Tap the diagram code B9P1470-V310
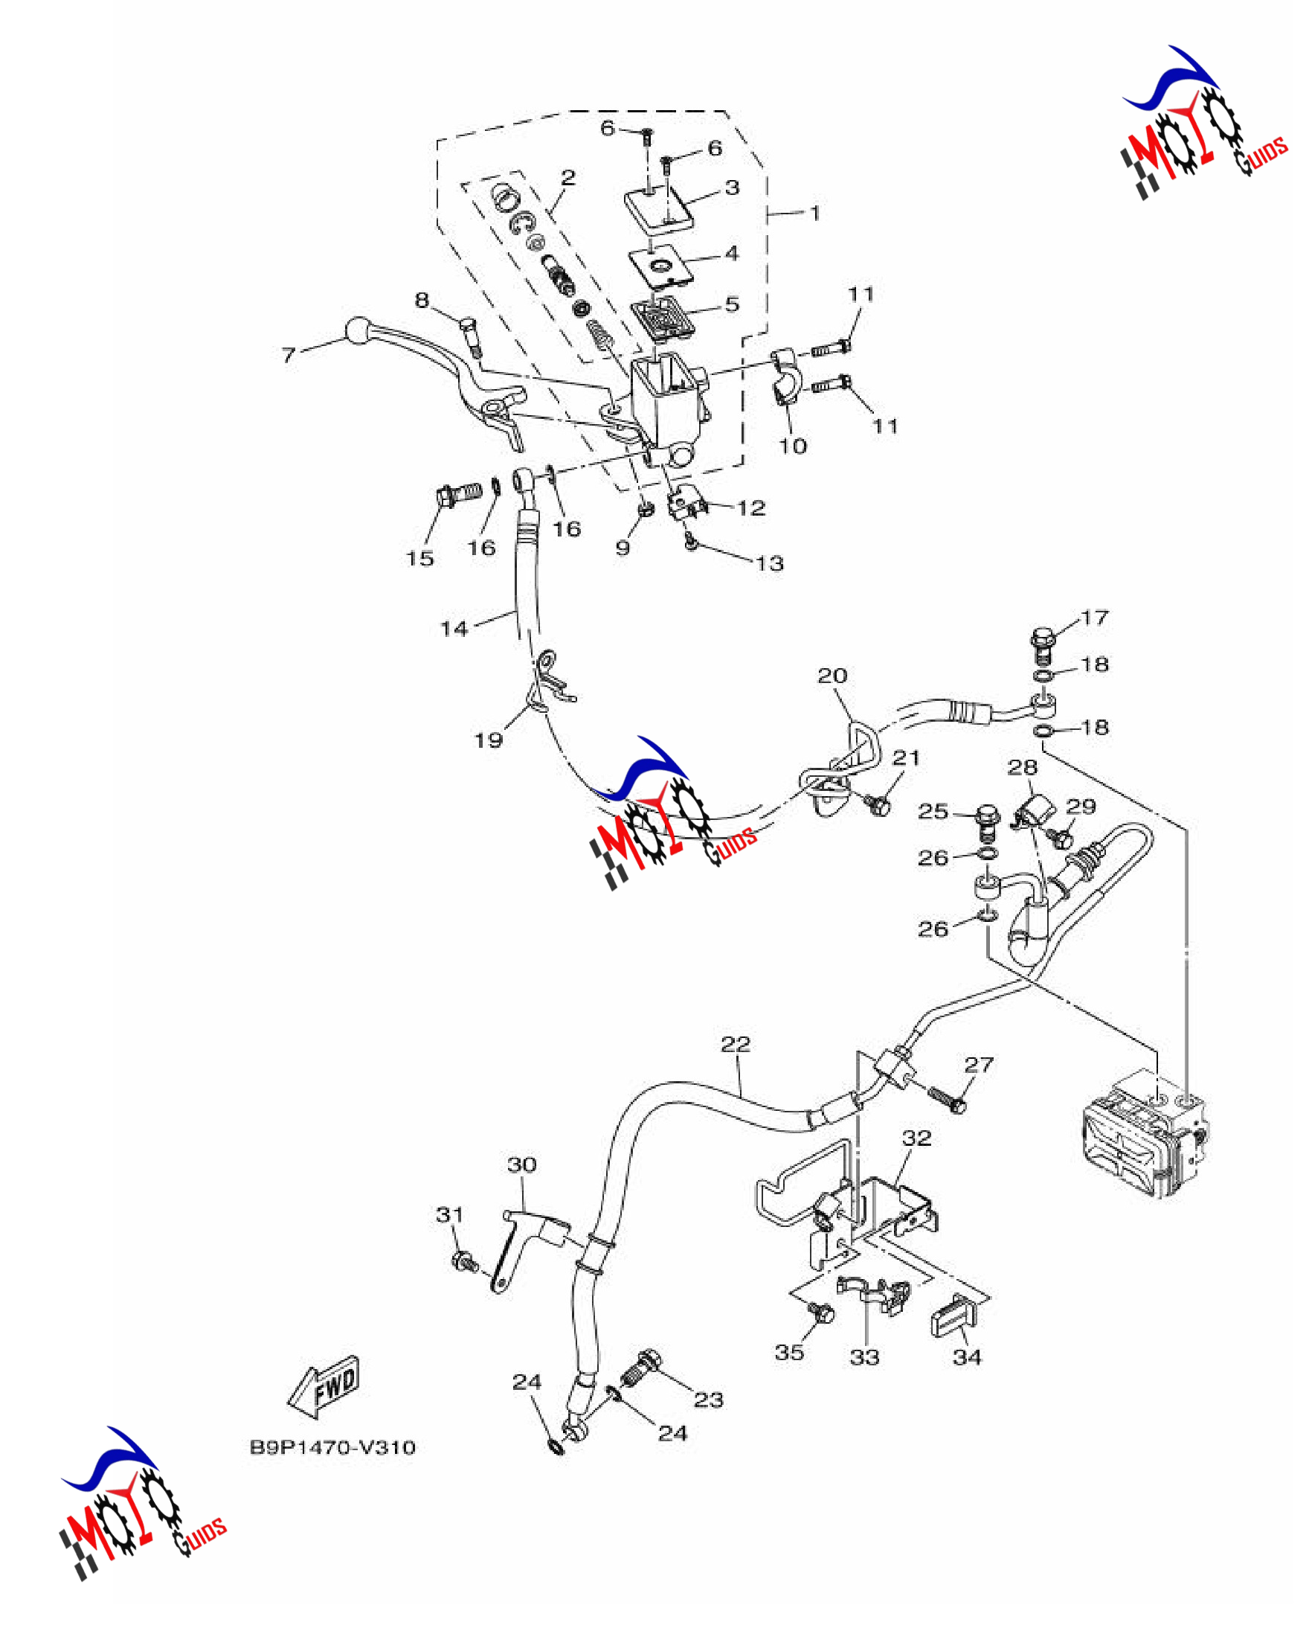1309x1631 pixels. click(x=332, y=1447)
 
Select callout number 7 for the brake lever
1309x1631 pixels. click(x=289, y=355)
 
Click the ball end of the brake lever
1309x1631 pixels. click(x=357, y=330)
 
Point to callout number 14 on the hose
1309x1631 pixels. click(x=454, y=629)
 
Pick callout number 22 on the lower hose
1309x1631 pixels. click(x=735, y=1044)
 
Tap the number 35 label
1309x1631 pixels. click(x=788, y=1352)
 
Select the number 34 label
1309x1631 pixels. click(x=967, y=1357)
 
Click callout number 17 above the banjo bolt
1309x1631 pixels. click(x=1094, y=618)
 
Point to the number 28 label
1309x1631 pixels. click(x=1023, y=767)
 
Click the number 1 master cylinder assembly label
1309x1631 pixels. click(x=814, y=214)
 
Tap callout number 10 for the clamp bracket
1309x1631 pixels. click(x=794, y=446)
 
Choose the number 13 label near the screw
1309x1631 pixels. click(x=770, y=563)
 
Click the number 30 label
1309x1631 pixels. click(x=522, y=1164)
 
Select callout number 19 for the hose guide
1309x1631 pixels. click(x=488, y=739)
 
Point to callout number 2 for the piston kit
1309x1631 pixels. click(x=568, y=177)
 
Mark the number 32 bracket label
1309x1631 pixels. click(x=916, y=1137)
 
